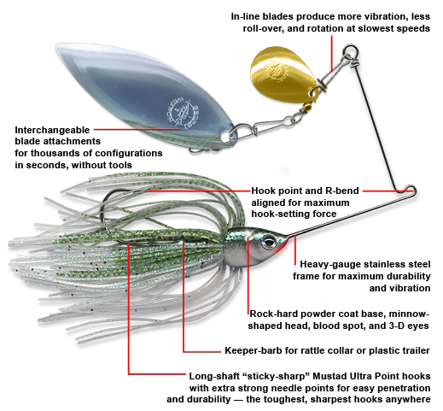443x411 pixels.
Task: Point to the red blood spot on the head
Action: coord(284,245)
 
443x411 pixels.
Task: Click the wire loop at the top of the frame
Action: coord(351,51)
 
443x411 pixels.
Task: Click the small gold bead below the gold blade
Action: coord(307,107)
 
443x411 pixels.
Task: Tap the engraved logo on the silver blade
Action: coord(182,113)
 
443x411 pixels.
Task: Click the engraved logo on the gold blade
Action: coord(275,72)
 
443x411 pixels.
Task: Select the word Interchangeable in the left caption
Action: coord(52,130)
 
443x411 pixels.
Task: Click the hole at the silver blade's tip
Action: coord(226,137)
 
